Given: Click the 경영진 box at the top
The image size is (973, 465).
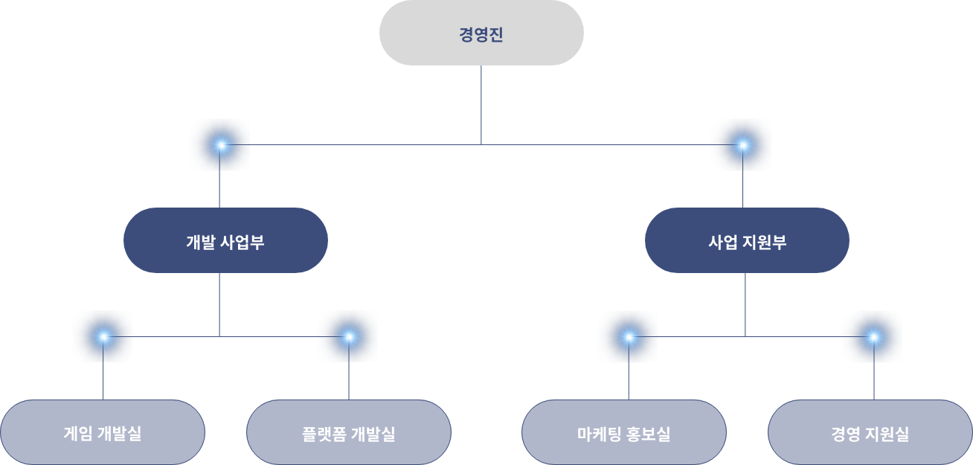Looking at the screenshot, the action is pos(481,33).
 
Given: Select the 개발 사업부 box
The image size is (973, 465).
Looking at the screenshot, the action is pos(225,240).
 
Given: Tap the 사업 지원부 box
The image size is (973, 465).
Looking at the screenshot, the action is pos(747,240).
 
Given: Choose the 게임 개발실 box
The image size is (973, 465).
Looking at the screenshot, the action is pos(103,432).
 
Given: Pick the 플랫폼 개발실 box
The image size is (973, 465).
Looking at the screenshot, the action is pos(349,432).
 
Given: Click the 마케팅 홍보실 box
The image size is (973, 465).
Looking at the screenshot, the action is pos(624,432).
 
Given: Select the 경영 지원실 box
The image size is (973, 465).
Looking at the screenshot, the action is pos(870,432).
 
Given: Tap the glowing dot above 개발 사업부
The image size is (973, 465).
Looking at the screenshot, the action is pos(221,145).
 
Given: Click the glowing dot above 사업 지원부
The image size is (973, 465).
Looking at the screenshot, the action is pos(743,145).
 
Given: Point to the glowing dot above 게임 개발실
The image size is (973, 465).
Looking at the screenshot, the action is pos(103,337).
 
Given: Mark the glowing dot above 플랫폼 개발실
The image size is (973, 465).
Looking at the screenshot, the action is pos(349,337).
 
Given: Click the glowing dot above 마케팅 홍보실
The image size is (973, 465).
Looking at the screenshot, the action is pos(629,337).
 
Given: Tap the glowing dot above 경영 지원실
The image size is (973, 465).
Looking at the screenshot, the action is pos(874,337).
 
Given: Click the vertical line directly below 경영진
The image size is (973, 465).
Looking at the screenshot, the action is pos(481,105).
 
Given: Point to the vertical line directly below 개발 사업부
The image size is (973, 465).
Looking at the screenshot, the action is pos(219,304).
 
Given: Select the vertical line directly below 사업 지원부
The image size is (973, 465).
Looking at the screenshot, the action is pos(745,304).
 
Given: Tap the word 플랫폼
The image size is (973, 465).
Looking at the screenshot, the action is pos(322,434).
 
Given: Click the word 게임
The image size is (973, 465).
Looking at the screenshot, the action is pos(78,433).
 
